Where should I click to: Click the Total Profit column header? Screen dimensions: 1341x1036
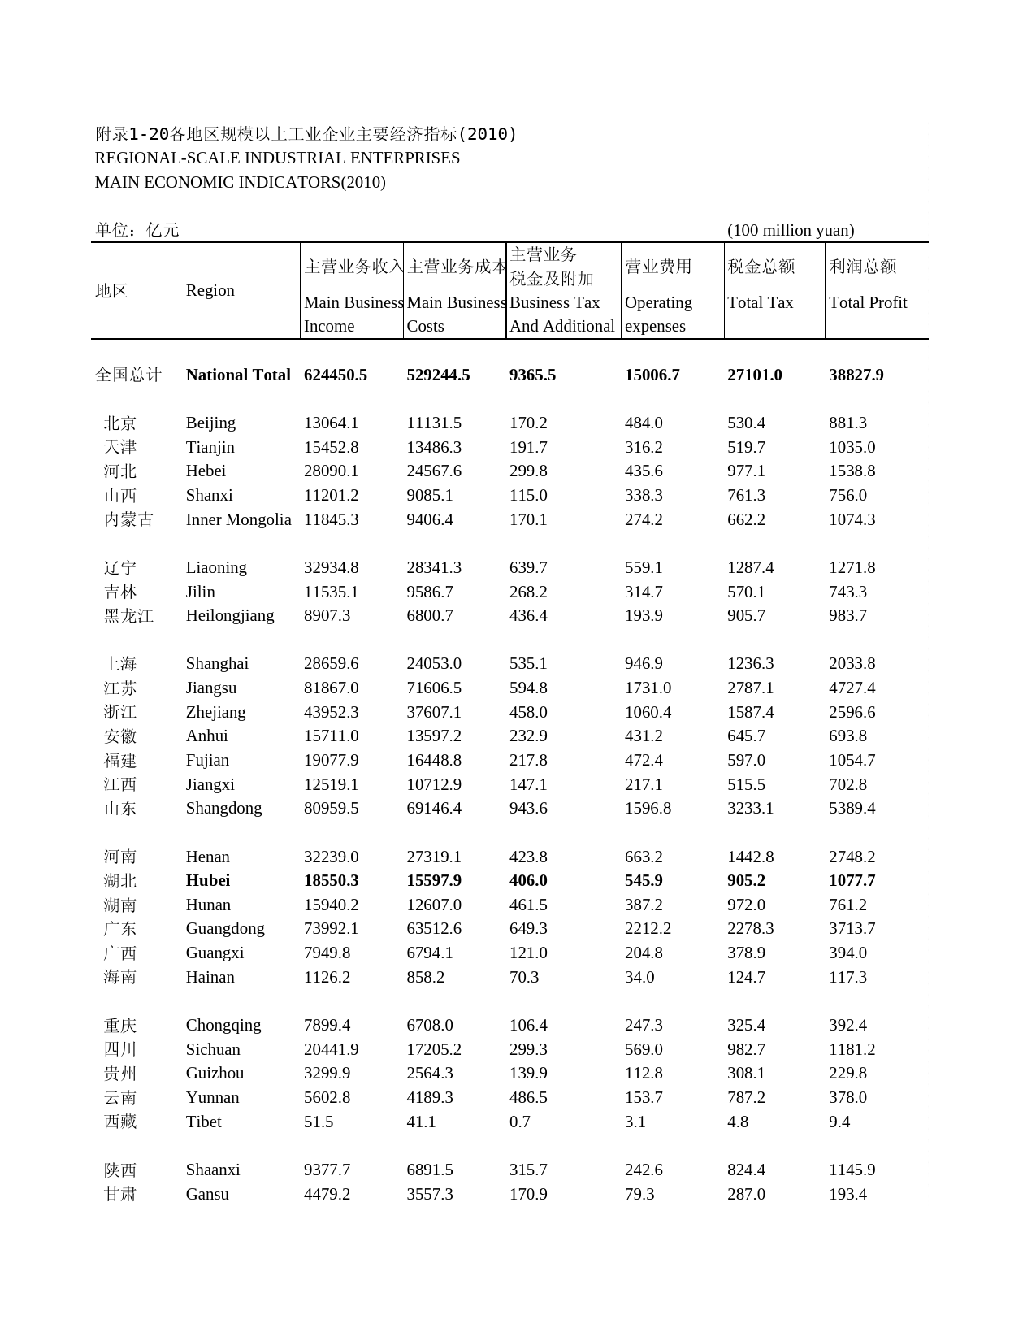tap(867, 302)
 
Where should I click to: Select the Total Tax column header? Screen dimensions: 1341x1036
tap(760, 302)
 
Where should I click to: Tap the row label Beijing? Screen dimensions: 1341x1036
tap(210, 423)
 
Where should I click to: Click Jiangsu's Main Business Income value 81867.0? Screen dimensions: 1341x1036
tap(331, 688)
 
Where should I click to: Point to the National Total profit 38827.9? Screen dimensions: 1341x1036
tap(856, 375)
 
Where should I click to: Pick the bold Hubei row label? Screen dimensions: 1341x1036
tap(208, 880)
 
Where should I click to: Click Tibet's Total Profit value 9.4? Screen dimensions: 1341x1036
tap(839, 1122)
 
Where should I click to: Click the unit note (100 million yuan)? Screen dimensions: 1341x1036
tap(790, 230)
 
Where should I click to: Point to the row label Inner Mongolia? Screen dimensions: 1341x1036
tap(238, 519)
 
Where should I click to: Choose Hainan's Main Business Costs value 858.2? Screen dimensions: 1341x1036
tap(426, 977)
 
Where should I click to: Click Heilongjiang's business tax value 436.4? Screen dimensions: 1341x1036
tap(528, 615)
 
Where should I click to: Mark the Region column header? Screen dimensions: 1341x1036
tap(210, 290)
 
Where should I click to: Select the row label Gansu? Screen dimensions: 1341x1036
tap(207, 1194)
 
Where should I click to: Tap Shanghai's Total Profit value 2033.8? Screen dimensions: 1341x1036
tap(852, 663)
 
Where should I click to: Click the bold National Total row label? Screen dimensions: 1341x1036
tap(238, 375)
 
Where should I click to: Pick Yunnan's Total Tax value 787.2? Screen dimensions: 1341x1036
tap(746, 1097)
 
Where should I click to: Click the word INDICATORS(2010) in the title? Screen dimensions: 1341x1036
tap(322, 182)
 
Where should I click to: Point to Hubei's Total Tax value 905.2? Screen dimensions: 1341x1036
tap(746, 880)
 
